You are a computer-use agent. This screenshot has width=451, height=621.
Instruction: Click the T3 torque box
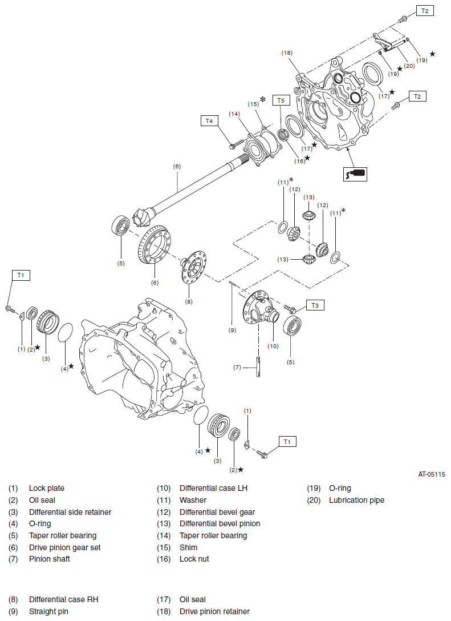coord(315,305)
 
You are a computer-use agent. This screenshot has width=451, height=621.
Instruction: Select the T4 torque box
coord(209,121)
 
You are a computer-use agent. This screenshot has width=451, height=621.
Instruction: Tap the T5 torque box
coord(280,100)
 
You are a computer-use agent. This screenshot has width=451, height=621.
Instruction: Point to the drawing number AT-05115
coord(432,474)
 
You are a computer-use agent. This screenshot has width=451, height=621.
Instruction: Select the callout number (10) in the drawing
coord(273,345)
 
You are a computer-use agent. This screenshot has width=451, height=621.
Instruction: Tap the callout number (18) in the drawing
coord(287,53)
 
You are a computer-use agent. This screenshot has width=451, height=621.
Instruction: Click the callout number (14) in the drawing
coord(234,114)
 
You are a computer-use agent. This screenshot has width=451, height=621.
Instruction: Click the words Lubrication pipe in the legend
coord(356,501)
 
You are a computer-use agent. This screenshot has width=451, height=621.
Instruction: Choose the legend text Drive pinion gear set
coord(64,547)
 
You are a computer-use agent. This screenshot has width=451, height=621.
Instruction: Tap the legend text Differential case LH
coord(213,489)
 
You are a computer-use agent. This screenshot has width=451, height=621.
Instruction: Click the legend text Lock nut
coord(194,559)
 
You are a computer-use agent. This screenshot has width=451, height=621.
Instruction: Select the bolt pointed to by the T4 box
coord(234,146)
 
